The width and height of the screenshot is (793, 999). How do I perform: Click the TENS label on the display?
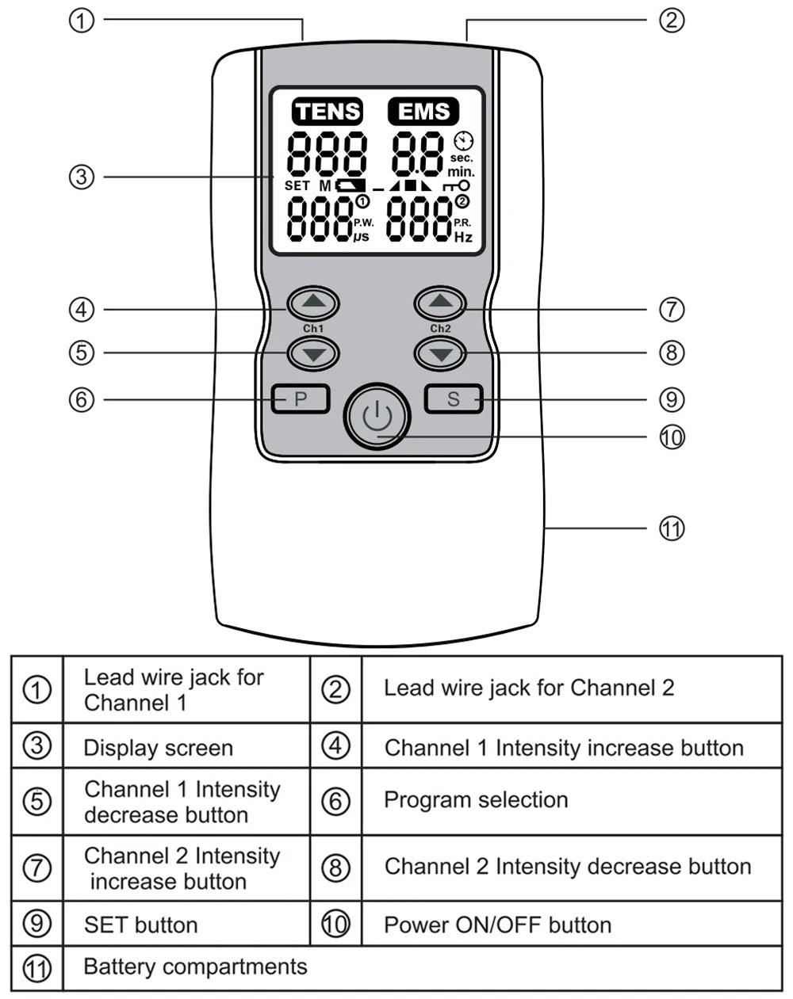328,112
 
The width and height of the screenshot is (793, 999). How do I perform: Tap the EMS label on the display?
423,112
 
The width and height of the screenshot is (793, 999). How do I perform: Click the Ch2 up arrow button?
440,303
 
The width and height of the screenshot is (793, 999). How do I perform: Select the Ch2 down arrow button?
440,353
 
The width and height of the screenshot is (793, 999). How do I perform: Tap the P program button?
301,399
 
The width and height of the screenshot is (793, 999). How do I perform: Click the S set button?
454,399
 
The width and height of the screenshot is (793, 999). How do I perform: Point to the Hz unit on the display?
463,237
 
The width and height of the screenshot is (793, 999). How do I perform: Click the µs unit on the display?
362,237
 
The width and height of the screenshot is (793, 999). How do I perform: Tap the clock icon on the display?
463,140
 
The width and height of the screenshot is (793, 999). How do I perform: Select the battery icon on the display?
350,185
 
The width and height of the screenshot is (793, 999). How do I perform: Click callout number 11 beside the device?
671,528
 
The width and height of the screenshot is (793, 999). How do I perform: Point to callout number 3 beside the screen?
82,177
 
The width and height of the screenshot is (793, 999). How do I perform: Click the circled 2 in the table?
335,689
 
